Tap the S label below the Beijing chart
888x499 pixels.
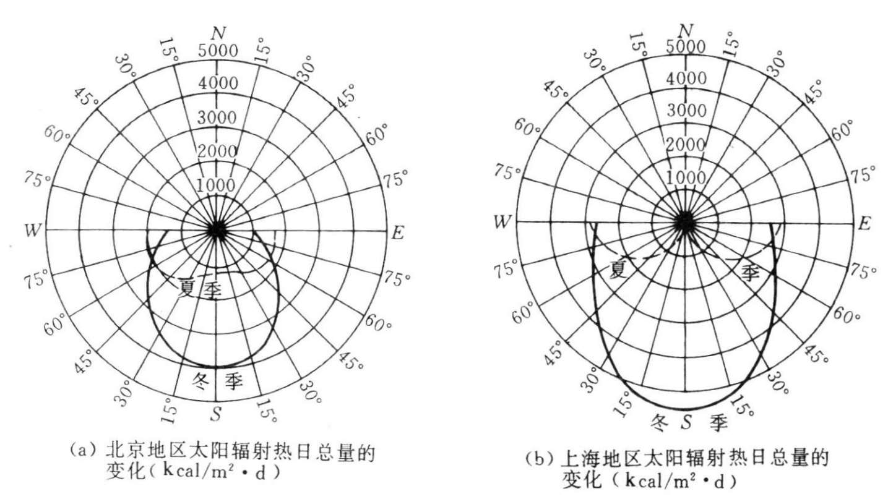tap(215, 414)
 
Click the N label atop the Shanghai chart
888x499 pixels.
tap(685, 30)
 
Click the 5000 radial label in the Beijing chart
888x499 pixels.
tap(217, 51)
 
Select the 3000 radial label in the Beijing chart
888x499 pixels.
tap(217, 117)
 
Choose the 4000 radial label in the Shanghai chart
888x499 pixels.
tap(686, 79)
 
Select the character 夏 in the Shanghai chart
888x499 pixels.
tap(618, 270)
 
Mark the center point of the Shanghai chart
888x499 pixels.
tap(685, 221)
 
